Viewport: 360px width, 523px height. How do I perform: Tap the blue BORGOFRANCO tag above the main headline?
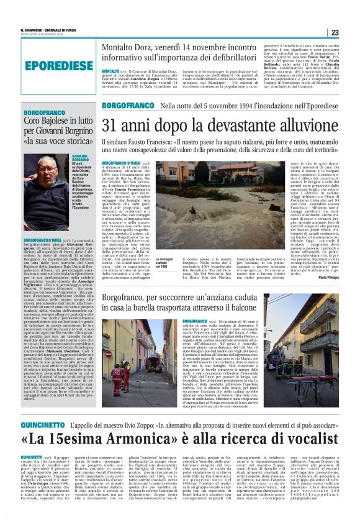tap(129, 107)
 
